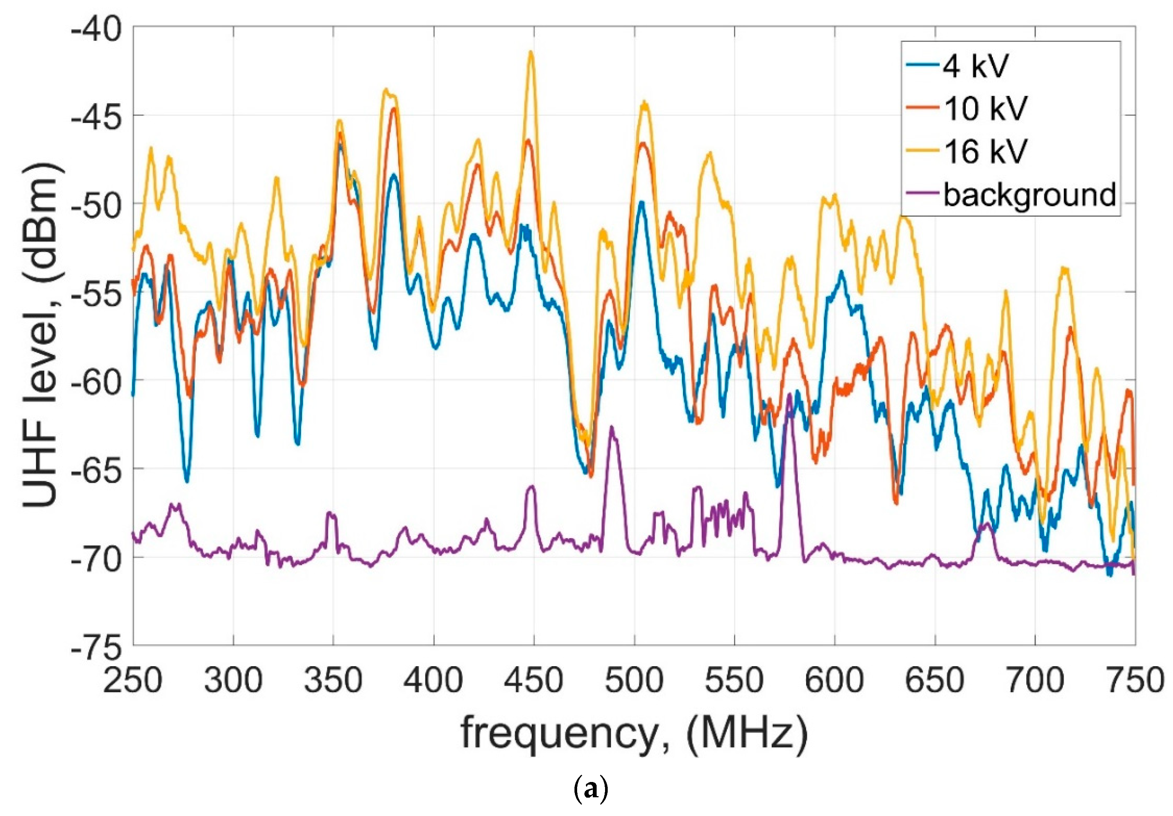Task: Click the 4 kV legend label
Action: point(975,65)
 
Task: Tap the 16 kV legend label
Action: point(985,151)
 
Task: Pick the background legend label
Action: point(1029,195)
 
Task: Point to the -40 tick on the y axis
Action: point(97,27)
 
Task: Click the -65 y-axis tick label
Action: point(97,468)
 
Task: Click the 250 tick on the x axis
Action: point(133,681)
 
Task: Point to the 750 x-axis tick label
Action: point(1135,681)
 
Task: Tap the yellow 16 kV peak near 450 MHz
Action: point(531,52)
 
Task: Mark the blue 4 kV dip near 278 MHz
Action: point(187,481)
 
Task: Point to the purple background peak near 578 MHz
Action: point(789,395)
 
